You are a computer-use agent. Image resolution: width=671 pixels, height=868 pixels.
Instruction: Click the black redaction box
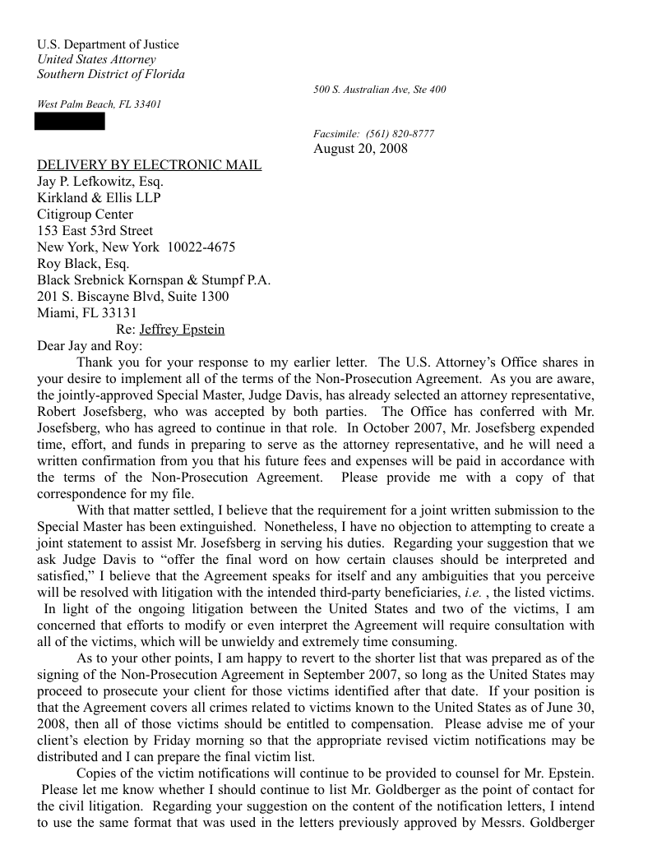pos(69,122)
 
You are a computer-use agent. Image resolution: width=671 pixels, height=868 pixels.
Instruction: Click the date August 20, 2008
pos(360,149)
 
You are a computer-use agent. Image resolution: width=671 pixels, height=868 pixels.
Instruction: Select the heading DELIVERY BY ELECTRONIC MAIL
pos(149,165)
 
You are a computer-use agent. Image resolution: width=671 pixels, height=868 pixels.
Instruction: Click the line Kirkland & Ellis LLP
pos(99,198)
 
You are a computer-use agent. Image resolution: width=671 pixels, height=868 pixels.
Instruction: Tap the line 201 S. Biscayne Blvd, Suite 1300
pos(133,297)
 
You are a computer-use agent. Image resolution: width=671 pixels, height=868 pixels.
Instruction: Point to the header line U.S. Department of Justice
pos(108,44)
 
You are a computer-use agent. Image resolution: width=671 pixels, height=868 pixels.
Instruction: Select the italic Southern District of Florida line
pos(111,74)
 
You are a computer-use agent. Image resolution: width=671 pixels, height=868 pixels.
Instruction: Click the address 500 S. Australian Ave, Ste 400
pos(380,89)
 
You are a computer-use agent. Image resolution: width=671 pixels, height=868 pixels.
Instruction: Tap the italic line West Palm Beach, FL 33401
pos(99,104)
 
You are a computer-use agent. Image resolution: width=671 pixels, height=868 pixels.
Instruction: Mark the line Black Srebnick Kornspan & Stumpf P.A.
pos(154,280)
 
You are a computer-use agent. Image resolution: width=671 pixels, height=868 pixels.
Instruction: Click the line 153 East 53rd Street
pos(95,231)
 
